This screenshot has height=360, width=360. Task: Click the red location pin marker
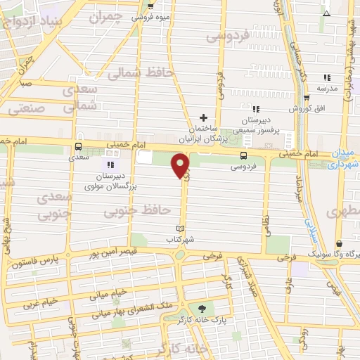(x=181, y=166)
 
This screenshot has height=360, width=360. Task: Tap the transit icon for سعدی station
(x=78, y=147)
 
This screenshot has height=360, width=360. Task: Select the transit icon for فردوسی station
(x=243, y=155)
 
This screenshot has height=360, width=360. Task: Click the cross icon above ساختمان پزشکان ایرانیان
(x=203, y=117)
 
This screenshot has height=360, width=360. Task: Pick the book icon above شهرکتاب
(x=181, y=229)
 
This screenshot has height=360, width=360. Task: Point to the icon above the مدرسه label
(x=326, y=77)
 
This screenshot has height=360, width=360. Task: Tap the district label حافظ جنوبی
(x=146, y=210)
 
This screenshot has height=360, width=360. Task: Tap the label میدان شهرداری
(x=344, y=159)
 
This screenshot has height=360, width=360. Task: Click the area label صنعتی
(x=26, y=109)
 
